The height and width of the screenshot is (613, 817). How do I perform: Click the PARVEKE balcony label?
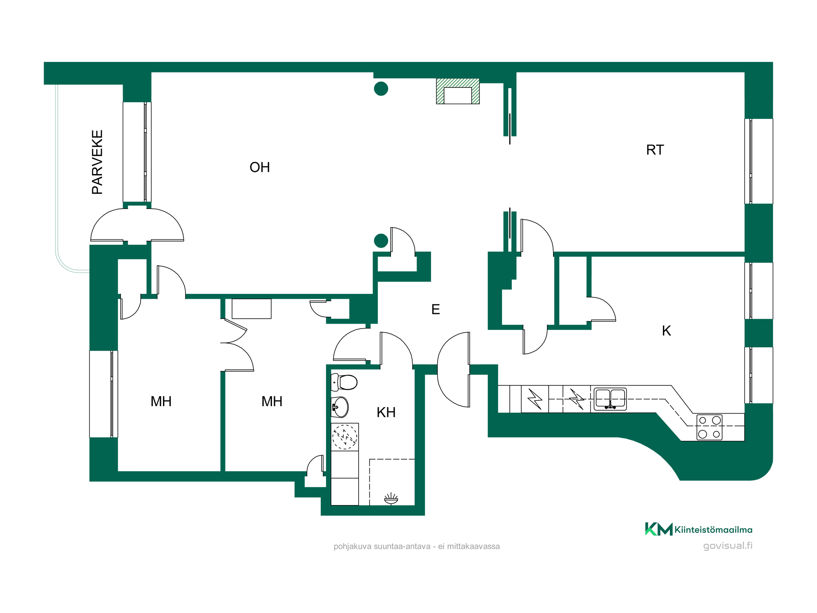tap(97, 162)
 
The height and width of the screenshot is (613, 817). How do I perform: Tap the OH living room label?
tap(260, 167)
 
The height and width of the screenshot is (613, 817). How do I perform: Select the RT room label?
tap(655, 150)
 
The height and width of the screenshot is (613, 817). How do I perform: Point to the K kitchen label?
tap(666, 331)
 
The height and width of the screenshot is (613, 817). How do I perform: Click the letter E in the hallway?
tap(435, 309)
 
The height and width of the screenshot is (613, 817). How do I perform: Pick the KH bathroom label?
tap(386, 412)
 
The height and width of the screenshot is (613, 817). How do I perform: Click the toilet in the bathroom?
tap(344, 383)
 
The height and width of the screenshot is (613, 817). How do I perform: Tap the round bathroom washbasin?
tap(340, 407)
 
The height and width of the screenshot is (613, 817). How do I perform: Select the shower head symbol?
tap(391, 499)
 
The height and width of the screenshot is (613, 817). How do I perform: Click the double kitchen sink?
tap(610, 399)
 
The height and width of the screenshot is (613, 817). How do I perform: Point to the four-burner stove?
tap(709, 427)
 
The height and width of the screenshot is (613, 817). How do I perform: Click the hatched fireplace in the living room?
tap(458, 91)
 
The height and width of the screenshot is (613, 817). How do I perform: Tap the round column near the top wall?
tap(381, 89)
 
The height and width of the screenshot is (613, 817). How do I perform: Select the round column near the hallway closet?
tap(381, 241)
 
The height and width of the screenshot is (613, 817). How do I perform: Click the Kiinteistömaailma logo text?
tap(713, 530)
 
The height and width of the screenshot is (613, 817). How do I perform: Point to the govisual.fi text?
tap(728, 546)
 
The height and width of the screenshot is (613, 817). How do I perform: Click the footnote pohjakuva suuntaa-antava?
tap(417, 546)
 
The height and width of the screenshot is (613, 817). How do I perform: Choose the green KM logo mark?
tap(659, 529)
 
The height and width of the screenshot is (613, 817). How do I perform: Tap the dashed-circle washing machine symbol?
tap(344, 437)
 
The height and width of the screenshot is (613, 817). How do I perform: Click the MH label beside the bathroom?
tap(272, 401)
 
